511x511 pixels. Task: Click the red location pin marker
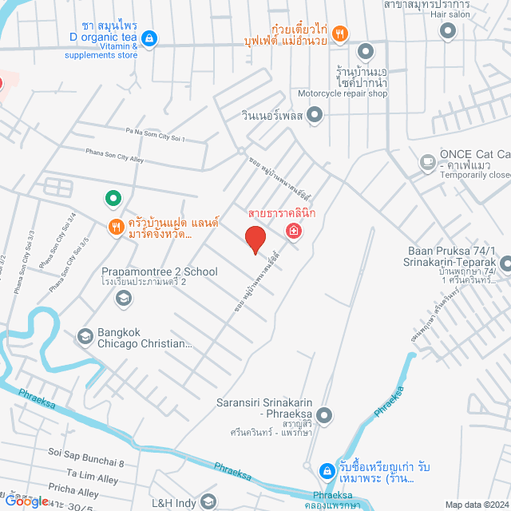pos(255,240)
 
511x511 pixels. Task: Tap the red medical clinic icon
pos(294,232)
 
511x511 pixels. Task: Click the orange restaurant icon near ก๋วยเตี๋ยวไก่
pos(340,33)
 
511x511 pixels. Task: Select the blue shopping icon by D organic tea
pos(149,38)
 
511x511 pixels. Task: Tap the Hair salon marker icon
pos(448,31)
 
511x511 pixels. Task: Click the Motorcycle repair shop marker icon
pos(364,51)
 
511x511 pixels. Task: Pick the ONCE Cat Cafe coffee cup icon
pos(428,163)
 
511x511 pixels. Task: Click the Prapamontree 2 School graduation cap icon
pos(123,299)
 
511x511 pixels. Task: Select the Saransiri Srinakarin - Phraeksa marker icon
pos(324,414)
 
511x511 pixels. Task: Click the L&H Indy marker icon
pos(208,501)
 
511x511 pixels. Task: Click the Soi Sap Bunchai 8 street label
pos(86,461)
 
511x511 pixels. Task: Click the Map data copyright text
pos(476,505)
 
